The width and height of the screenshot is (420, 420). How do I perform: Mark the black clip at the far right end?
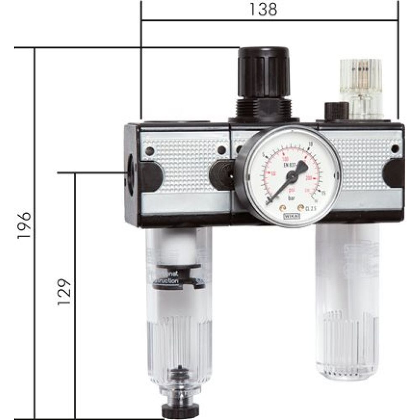394,173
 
